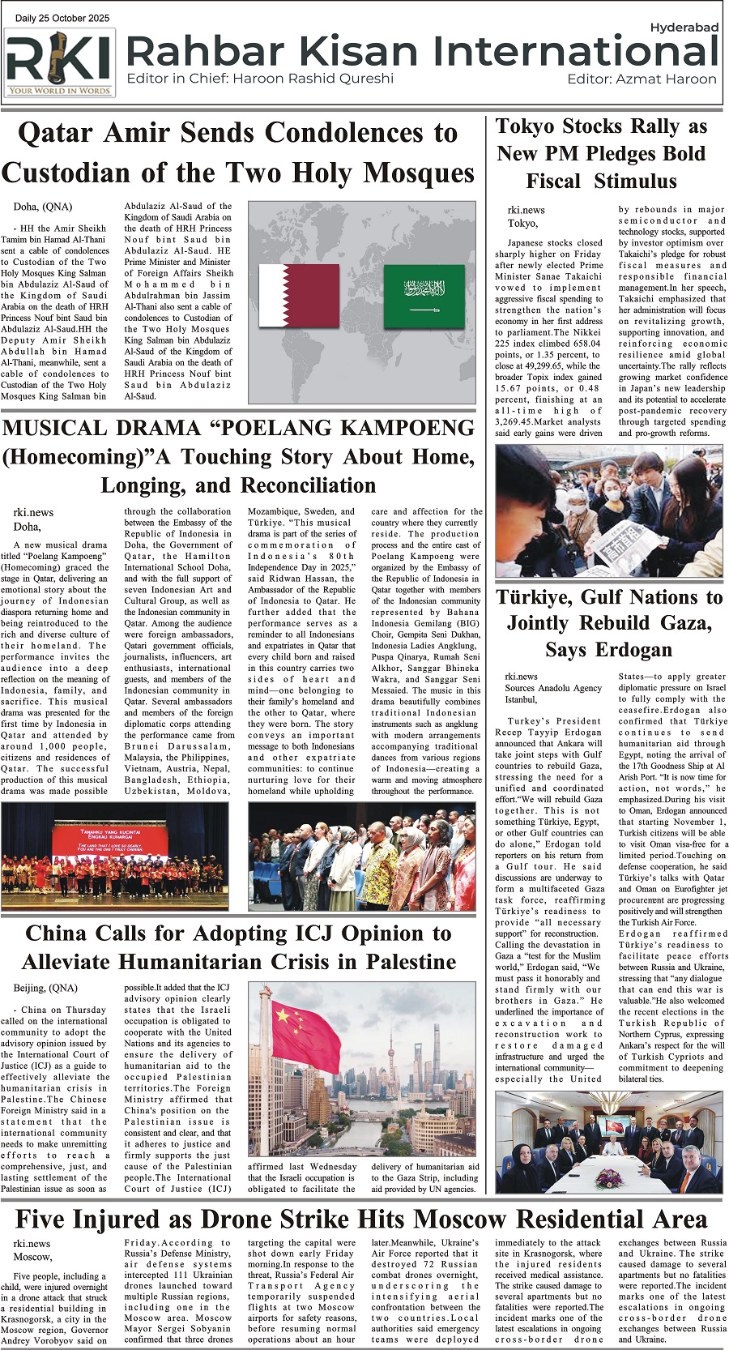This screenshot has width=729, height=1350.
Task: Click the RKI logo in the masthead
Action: point(60,63)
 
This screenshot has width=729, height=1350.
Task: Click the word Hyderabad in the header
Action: point(684,28)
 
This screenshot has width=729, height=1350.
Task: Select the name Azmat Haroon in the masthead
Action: point(666,79)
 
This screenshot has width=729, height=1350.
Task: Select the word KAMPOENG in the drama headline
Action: point(402,428)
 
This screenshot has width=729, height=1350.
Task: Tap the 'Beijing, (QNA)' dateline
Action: point(45,988)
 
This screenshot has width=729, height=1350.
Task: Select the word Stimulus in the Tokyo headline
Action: point(635,181)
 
